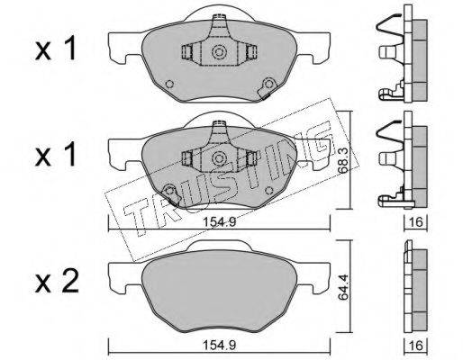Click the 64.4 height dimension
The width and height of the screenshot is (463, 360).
(343, 286)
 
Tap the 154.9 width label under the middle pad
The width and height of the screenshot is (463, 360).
(220, 222)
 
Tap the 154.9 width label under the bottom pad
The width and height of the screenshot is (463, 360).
(220, 345)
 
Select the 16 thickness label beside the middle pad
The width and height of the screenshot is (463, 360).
(416, 222)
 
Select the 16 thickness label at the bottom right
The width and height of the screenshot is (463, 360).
(416, 346)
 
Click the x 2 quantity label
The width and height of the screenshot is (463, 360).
(57, 282)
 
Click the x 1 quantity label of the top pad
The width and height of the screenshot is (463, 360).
(56, 49)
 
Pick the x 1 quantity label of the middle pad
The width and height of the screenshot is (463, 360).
(56, 155)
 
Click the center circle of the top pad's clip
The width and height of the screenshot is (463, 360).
(219, 52)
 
